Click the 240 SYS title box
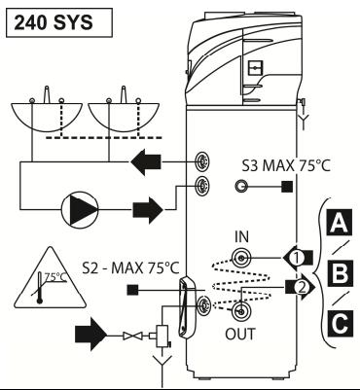pyautogui.click(x=59, y=22)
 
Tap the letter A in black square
pyautogui.click(x=340, y=223)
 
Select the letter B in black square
pyautogui.click(x=341, y=273)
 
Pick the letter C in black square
pyautogui.click(x=340, y=324)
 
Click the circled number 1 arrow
pyautogui.click(x=298, y=258)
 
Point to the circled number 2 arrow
pyautogui.click(x=301, y=287)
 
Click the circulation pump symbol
pyautogui.click(x=80, y=210)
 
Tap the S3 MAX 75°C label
pyautogui.click(x=286, y=165)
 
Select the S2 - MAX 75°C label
pyautogui.click(x=130, y=268)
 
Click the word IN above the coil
pyautogui.click(x=241, y=237)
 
